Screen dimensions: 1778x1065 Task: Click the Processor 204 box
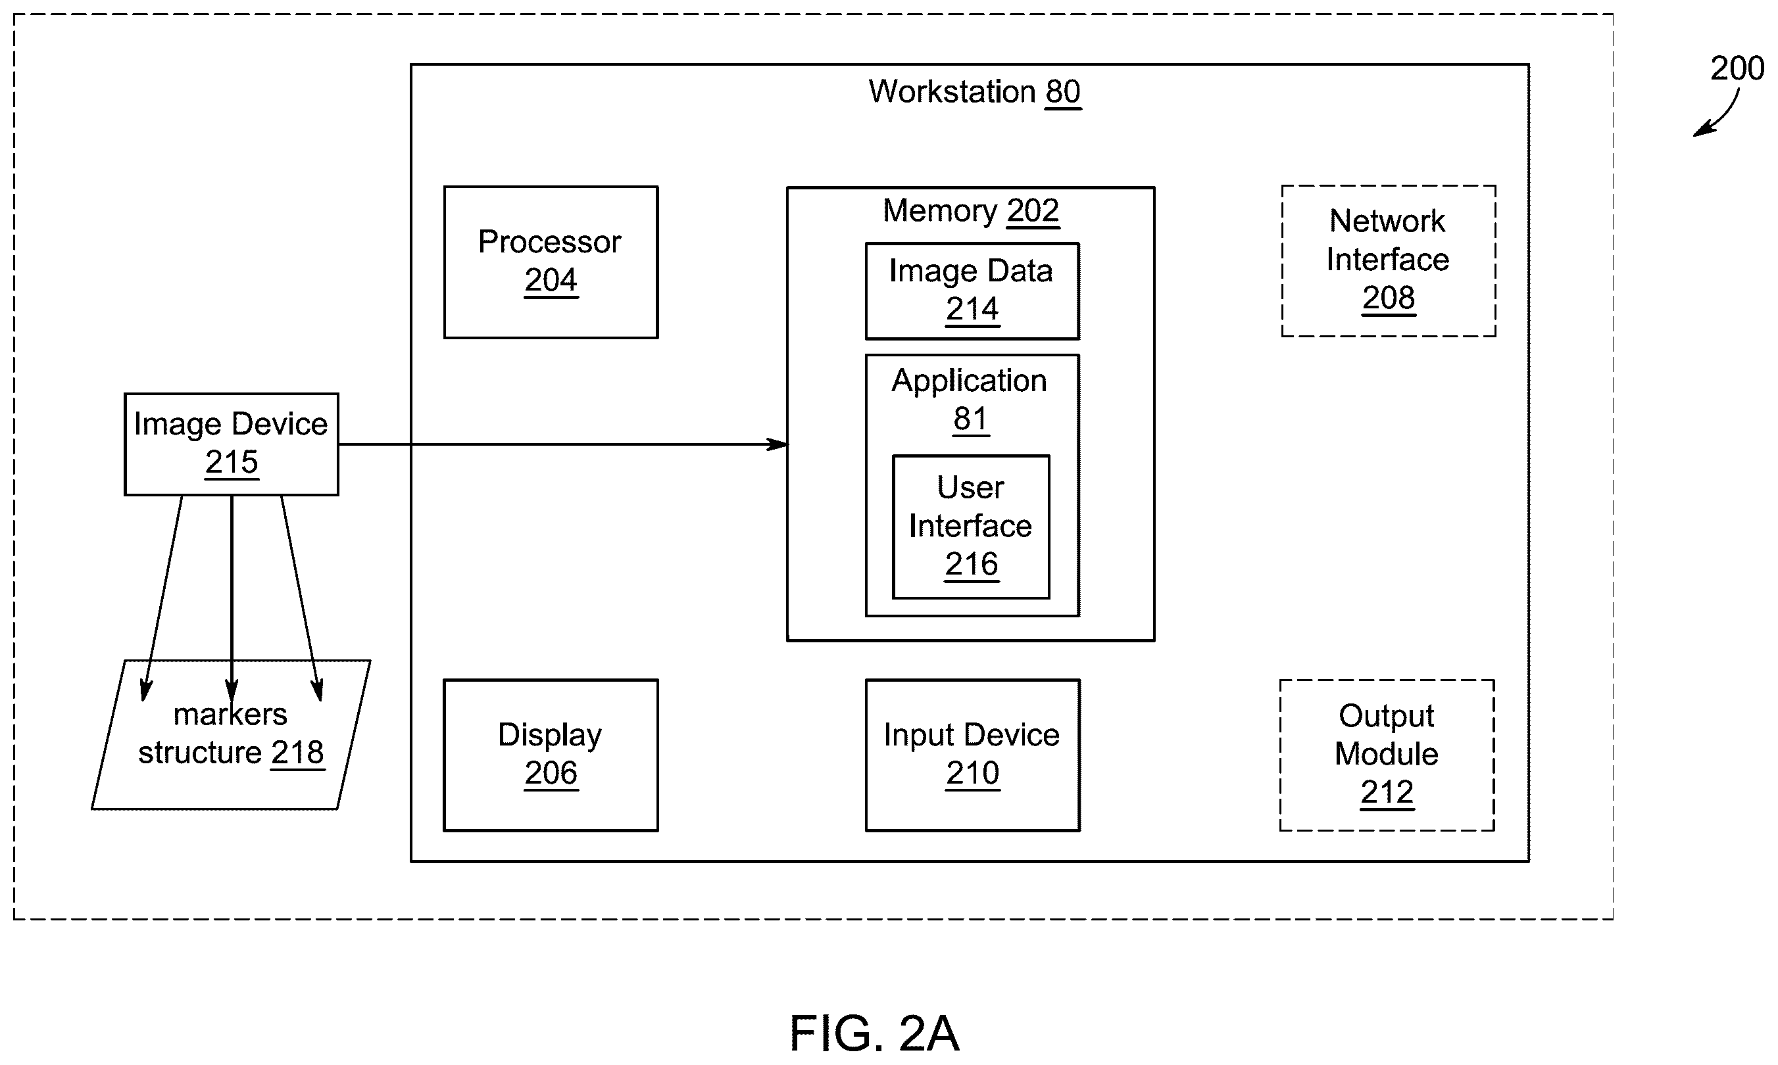[551, 262]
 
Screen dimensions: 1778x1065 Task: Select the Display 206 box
[551, 755]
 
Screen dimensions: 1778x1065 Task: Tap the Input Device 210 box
[972, 755]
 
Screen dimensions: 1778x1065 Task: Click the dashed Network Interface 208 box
[1388, 260]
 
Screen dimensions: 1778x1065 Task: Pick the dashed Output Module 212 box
[1387, 755]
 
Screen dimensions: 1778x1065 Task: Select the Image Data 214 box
[972, 291]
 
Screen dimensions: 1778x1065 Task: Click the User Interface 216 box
[971, 527]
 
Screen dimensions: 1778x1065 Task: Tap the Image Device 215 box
[232, 444]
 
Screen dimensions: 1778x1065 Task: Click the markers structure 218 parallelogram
[232, 735]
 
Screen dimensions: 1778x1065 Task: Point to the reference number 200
[1737, 69]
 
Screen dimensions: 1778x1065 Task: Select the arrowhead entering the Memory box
[778, 444]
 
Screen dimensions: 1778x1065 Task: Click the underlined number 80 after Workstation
[1063, 92]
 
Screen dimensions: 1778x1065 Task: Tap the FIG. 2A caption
[874, 1033]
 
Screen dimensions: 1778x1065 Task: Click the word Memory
[940, 211]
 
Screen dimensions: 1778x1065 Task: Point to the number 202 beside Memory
[1033, 211]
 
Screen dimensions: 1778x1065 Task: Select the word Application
[970, 381]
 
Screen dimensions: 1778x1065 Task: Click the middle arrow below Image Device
[232, 598]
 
